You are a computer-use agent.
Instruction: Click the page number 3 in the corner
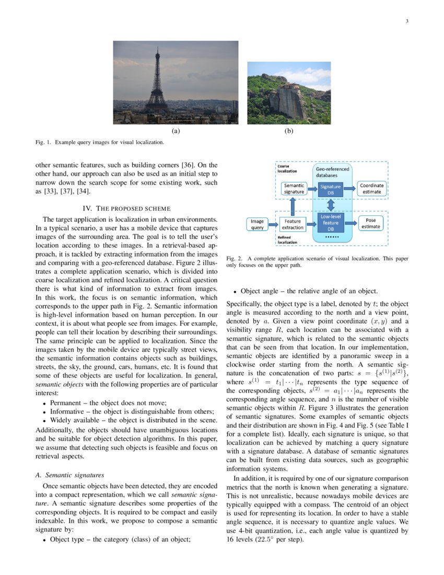[x=406, y=21]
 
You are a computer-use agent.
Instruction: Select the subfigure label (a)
[x=176, y=131]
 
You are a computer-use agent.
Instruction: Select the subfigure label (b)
[x=289, y=131]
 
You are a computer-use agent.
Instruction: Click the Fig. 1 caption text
[x=100, y=142]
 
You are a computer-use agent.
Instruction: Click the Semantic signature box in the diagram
[x=294, y=189]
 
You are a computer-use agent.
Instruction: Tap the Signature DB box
[x=330, y=189]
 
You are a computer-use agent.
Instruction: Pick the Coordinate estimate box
[x=371, y=189]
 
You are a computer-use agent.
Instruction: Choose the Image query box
[x=258, y=224]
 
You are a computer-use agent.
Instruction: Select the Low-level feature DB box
[x=330, y=222]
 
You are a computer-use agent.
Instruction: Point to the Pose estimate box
[x=371, y=223]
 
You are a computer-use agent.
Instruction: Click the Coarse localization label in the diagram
[x=287, y=169]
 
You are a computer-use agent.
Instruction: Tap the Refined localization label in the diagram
[x=288, y=239]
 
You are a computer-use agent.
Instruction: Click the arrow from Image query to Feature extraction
[x=273, y=224]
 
